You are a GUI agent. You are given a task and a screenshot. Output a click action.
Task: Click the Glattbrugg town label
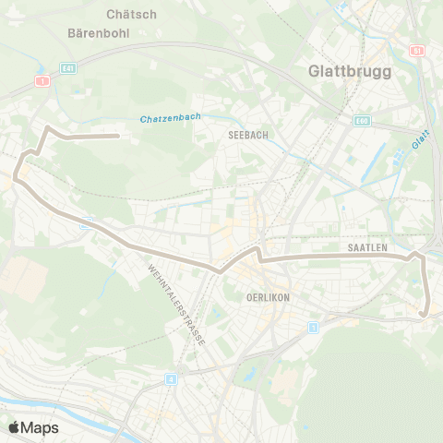pyautogui.click(x=350, y=72)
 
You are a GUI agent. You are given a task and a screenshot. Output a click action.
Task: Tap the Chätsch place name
pyautogui.click(x=131, y=14)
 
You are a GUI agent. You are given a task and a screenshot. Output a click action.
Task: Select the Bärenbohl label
pyautogui.click(x=98, y=32)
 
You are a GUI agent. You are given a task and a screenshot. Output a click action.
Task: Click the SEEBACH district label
pyautogui.click(x=247, y=135)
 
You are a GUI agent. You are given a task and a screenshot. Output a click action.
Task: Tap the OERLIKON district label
pyautogui.click(x=269, y=298)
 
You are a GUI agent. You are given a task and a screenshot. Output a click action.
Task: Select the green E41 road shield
pyautogui.click(x=67, y=67)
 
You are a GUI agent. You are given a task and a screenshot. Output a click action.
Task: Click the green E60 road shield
pyautogui.click(x=362, y=120)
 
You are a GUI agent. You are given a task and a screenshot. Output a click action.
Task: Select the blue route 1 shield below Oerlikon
pyautogui.click(x=314, y=327)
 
